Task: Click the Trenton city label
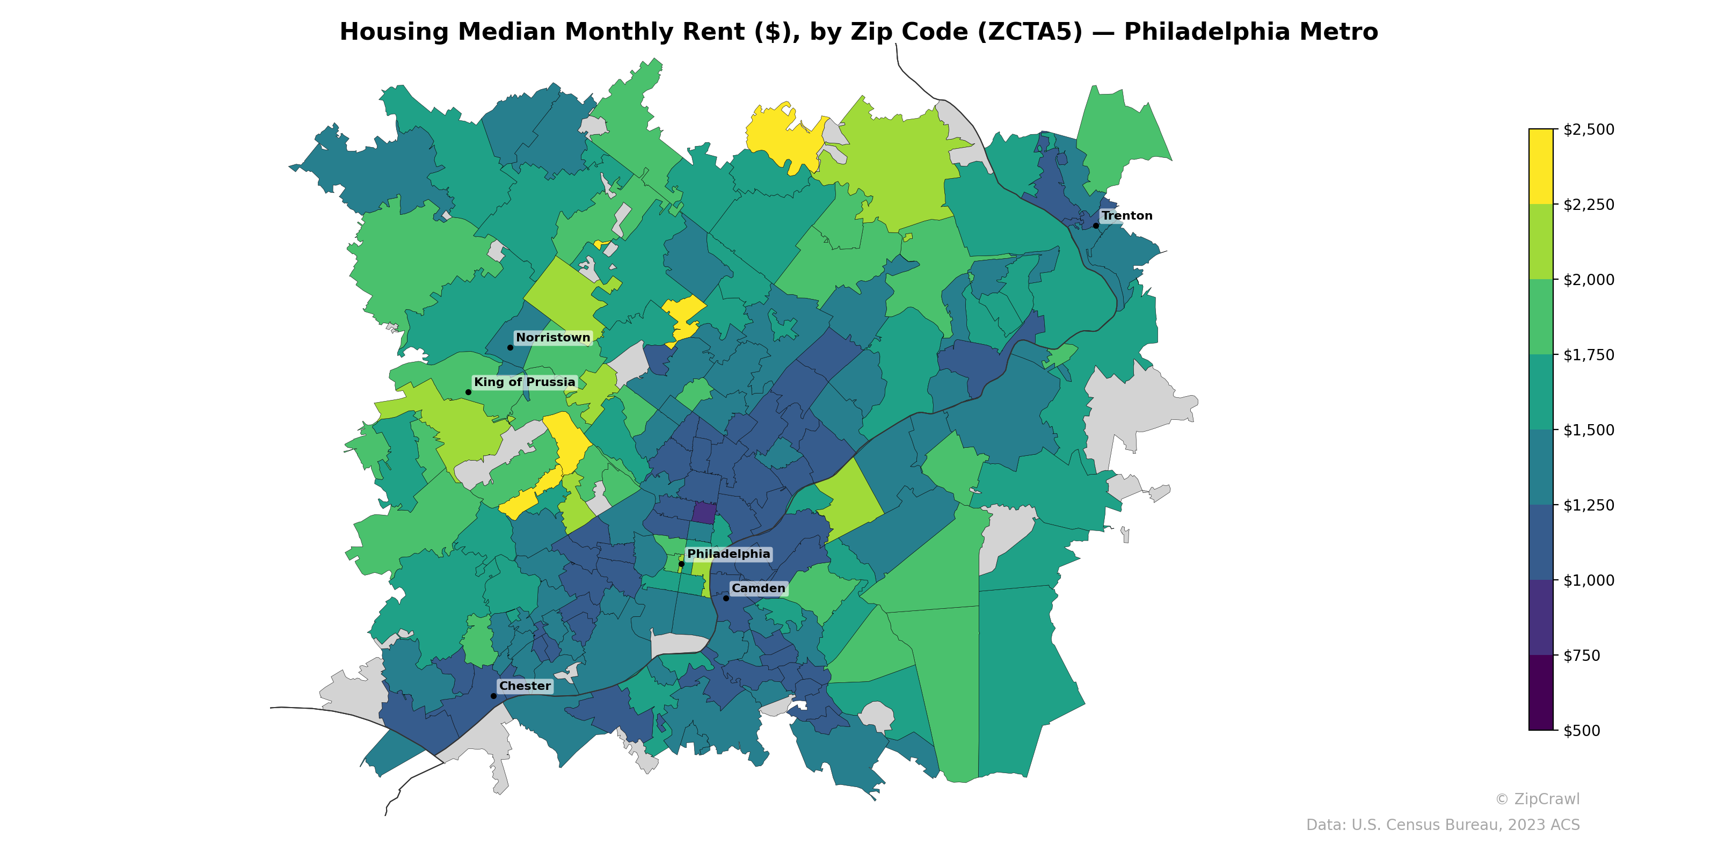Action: coord(1126,215)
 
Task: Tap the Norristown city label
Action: coord(553,338)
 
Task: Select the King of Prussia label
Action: coord(524,382)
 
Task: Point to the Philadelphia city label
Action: coord(729,554)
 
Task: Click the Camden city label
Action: coord(758,588)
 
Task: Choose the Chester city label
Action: coord(525,686)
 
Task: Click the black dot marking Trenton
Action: coord(1096,225)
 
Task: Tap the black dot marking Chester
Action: coord(493,696)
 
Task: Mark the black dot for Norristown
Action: coord(510,347)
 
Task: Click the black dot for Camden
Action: coord(726,598)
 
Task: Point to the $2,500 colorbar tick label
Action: coord(1589,129)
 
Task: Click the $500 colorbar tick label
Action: coord(1581,730)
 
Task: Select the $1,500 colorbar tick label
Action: coord(1589,430)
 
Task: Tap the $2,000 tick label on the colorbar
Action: coord(1589,279)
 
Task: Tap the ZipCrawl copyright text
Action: coord(1537,799)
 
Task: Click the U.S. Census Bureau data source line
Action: coord(1443,825)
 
